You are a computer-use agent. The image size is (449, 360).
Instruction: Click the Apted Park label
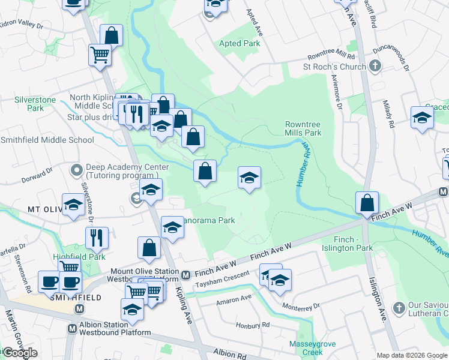[240, 44]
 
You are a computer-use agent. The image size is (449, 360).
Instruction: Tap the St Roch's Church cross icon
[375, 66]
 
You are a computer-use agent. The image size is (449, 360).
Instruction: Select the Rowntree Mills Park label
[303, 128]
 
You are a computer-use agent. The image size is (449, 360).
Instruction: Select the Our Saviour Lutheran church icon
[397, 308]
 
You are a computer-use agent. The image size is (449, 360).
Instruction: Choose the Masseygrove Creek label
[310, 348]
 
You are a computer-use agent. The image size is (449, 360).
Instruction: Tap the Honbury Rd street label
[253, 325]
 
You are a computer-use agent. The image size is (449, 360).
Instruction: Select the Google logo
[20, 353]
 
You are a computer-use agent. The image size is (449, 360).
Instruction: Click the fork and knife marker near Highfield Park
[97, 239]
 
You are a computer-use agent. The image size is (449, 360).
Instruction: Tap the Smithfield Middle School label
[47, 140]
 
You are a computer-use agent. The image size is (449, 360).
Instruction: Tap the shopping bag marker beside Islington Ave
[367, 203]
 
